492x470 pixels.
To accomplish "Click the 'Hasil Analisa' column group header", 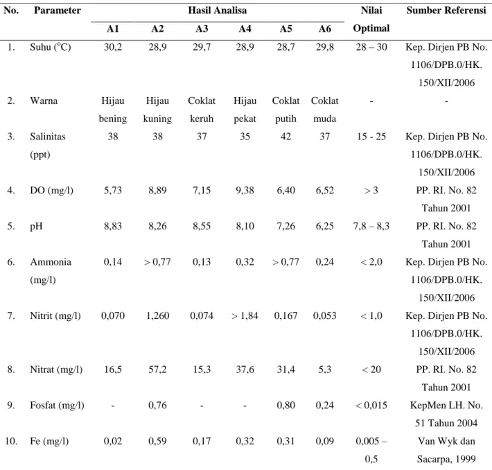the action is (217, 10).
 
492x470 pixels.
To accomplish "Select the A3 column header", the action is (202, 29).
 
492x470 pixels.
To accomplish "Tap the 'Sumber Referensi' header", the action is (446, 10).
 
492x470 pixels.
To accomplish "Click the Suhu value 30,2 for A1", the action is (113, 47).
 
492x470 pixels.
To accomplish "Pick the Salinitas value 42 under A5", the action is (285, 137).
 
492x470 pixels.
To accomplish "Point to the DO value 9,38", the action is (245, 190).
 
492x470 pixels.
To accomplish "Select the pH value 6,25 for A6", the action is (325, 226).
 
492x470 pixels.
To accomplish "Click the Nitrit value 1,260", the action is (157, 315).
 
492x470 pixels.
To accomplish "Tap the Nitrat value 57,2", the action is (157, 369).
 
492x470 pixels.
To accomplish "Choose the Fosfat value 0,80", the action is (285, 406).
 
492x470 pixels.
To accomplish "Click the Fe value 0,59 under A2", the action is (157, 441).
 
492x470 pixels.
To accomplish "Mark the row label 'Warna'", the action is (44, 101).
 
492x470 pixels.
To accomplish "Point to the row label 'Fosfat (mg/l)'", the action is (57, 406).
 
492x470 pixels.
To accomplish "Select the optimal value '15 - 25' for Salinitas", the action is (371, 137).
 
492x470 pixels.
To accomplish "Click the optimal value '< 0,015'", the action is (371, 406).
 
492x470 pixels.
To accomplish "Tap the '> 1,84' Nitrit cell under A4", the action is (245, 315).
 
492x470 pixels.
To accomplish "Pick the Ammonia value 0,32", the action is (245, 262).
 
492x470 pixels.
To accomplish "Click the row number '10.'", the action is (11, 441).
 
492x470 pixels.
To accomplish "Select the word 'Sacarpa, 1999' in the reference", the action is (446, 459).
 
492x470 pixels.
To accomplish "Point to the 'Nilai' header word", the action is (371, 10).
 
